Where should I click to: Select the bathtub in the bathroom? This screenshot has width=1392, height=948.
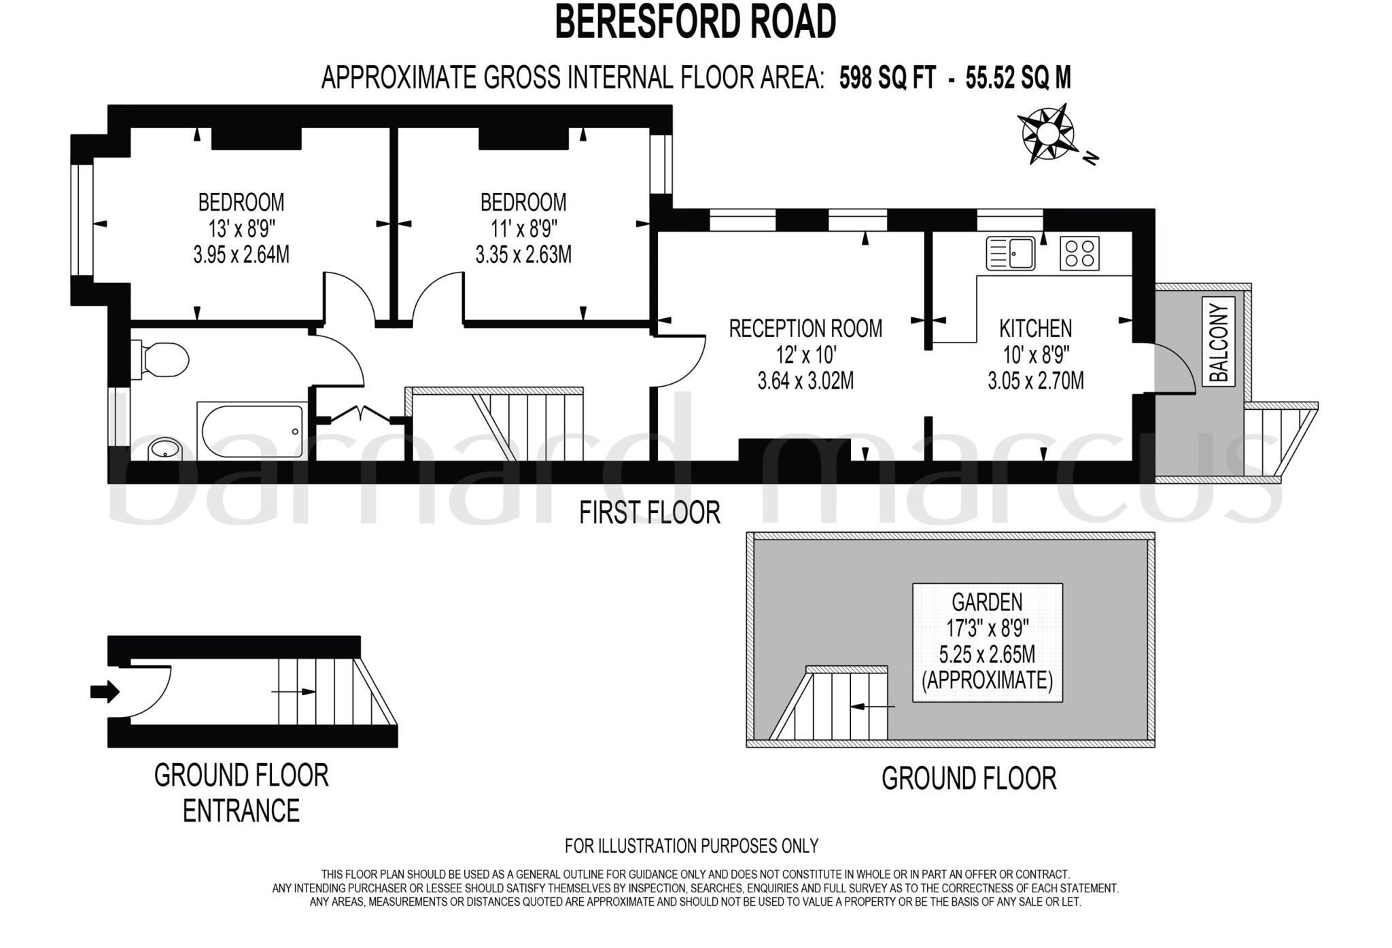point(250,431)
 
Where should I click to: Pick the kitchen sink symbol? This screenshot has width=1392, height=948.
point(1010,253)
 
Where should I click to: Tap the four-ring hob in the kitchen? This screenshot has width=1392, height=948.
point(1079,253)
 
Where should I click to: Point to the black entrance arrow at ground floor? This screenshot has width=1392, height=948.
point(105,692)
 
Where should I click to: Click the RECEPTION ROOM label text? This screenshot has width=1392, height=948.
point(805,329)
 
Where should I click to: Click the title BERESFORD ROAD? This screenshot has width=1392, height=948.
point(695,22)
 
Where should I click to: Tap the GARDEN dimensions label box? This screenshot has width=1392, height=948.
point(987,642)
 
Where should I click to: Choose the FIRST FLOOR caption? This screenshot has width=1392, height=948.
point(649,512)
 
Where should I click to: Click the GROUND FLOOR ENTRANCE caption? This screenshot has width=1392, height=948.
point(241,792)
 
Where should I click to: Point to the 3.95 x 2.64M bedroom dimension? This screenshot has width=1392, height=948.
point(241,255)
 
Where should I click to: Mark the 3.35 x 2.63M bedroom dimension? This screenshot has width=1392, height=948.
point(523,255)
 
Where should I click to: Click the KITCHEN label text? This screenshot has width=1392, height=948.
point(1035,329)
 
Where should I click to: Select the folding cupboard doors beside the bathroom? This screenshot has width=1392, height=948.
point(359,413)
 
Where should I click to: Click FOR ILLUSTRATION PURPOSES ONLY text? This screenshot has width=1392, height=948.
point(691,846)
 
